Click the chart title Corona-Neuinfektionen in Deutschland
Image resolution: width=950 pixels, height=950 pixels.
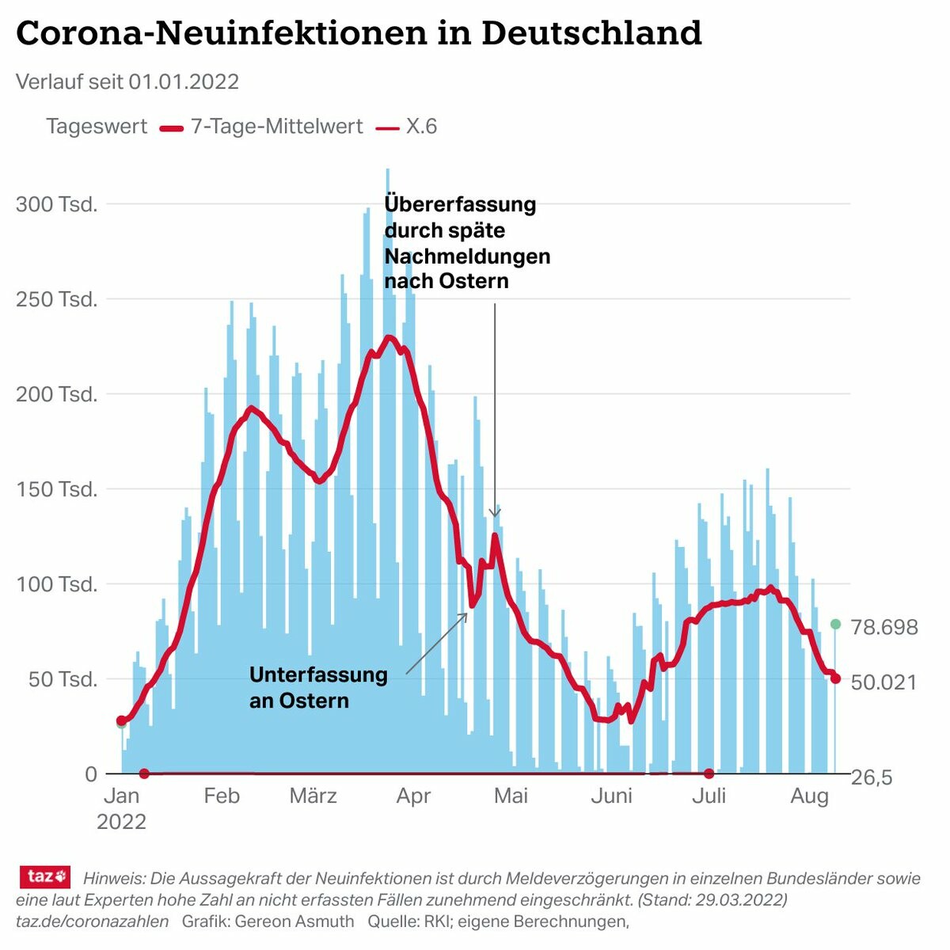[x=359, y=33]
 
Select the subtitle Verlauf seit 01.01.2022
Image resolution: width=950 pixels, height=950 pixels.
[x=127, y=82]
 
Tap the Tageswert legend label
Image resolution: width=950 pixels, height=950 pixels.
[x=97, y=127]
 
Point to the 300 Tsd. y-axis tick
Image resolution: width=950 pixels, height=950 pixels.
[x=57, y=204]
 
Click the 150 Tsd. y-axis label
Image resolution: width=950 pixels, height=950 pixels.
[x=57, y=489]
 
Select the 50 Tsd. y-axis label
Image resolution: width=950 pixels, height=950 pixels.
[x=63, y=679]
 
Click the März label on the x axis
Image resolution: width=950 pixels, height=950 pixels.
[x=313, y=796]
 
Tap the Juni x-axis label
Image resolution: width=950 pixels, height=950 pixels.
[x=611, y=796]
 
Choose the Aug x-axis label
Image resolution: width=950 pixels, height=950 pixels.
[x=809, y=796]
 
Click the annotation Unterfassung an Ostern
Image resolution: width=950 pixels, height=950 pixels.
[x=318, y=687]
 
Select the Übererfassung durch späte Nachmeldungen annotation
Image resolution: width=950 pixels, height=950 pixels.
[x=467, y=242]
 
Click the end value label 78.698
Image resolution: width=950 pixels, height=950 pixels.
[x=884, y=628]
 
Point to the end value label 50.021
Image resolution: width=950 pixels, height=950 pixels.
[x=883, y=682]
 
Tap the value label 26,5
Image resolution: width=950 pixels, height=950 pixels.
[x=872, y=777]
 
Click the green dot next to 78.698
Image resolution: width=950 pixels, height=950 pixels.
[x=835, y=625]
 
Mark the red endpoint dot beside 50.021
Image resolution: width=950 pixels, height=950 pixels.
[x=835, y=678]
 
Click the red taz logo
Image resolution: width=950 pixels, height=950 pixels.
[x=45, y=876]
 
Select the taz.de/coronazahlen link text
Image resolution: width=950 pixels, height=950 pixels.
[x=92, y=921]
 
